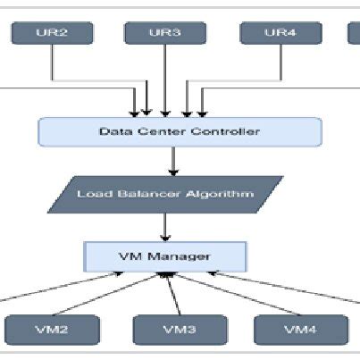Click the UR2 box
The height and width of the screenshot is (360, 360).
pyautogui.click(x=51, y=33)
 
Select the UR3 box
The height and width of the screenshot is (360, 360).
pyautogui.click(x=165, y=33)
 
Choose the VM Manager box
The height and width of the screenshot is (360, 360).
pyautogui.click(x=166, y=257)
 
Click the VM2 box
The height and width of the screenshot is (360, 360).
pyautogui.click(x=51, y=330)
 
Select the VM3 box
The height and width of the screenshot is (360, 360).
pyautogui.click(x=179, y=330)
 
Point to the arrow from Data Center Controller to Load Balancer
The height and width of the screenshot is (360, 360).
pyautogui.click(x=172, y=161)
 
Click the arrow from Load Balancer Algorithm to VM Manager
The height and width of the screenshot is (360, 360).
pyautogui.click(x=166, y=226)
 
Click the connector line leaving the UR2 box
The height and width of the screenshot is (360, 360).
pyautogui.click(x=54, y=63)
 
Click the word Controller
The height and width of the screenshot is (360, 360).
pyautogui.click(x=228, y=132)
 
